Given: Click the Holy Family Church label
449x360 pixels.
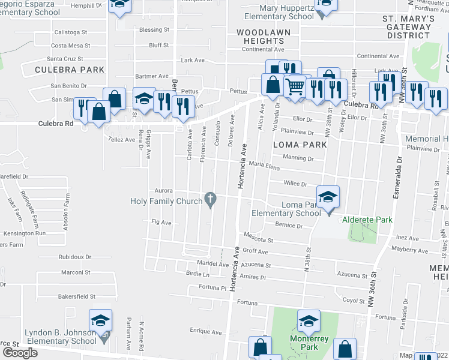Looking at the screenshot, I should [166, 201].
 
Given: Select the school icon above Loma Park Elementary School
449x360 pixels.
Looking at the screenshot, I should [328, 197].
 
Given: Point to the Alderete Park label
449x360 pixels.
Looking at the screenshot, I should [367, 220].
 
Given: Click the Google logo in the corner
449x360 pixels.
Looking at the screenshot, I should [19, 353].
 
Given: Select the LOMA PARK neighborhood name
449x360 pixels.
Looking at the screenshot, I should [300, 145].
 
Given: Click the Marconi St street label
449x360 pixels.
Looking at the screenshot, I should [75, 272].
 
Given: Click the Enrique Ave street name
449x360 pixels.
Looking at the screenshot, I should [206, 331].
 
